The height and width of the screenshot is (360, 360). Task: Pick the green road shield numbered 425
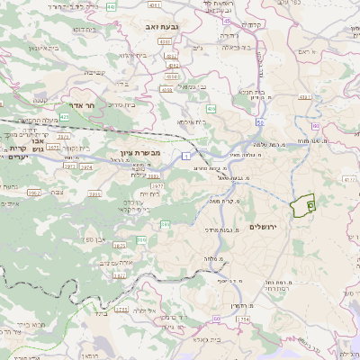tap(64, 117)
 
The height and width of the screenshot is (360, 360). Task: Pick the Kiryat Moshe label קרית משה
tap(234, 202)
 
